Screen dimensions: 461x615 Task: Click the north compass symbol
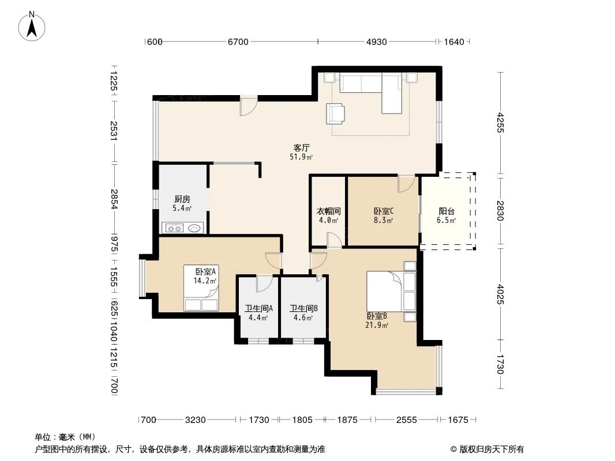click(33, 25)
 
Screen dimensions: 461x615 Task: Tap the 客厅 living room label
click(302, 148)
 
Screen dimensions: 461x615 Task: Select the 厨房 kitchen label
click(182, 199)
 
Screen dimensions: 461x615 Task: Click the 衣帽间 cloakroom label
click(328, 211)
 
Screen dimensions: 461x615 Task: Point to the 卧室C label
click(383, 211)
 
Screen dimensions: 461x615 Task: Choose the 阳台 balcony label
click(446, 211)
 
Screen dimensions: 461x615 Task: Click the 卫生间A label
click(258, 308)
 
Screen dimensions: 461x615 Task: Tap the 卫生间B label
click(302, 308)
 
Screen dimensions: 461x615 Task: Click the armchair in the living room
click(335, 113)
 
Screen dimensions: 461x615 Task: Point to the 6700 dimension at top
click(238, 41)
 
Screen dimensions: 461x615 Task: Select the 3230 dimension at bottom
click(195, 420)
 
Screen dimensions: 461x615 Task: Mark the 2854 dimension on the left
click(114, 199)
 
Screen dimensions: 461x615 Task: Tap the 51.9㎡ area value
click(302, 157)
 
